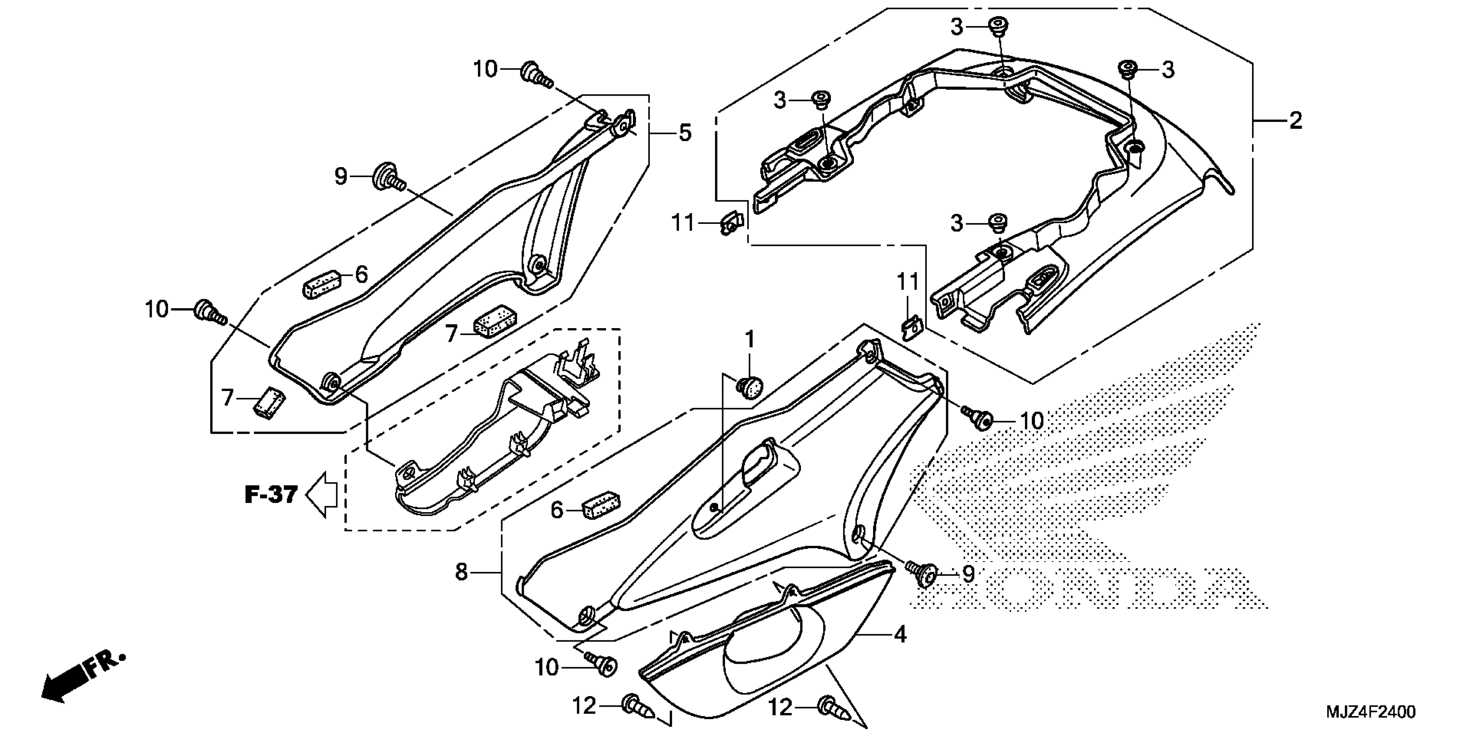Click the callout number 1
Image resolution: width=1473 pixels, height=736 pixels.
point(749,339)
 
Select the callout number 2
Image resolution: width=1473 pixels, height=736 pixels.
point(1295,120)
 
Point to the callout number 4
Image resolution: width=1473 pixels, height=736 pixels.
point(900,634)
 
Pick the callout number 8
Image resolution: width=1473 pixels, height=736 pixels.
point(461,571)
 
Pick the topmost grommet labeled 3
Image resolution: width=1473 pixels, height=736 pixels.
point(998,26)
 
